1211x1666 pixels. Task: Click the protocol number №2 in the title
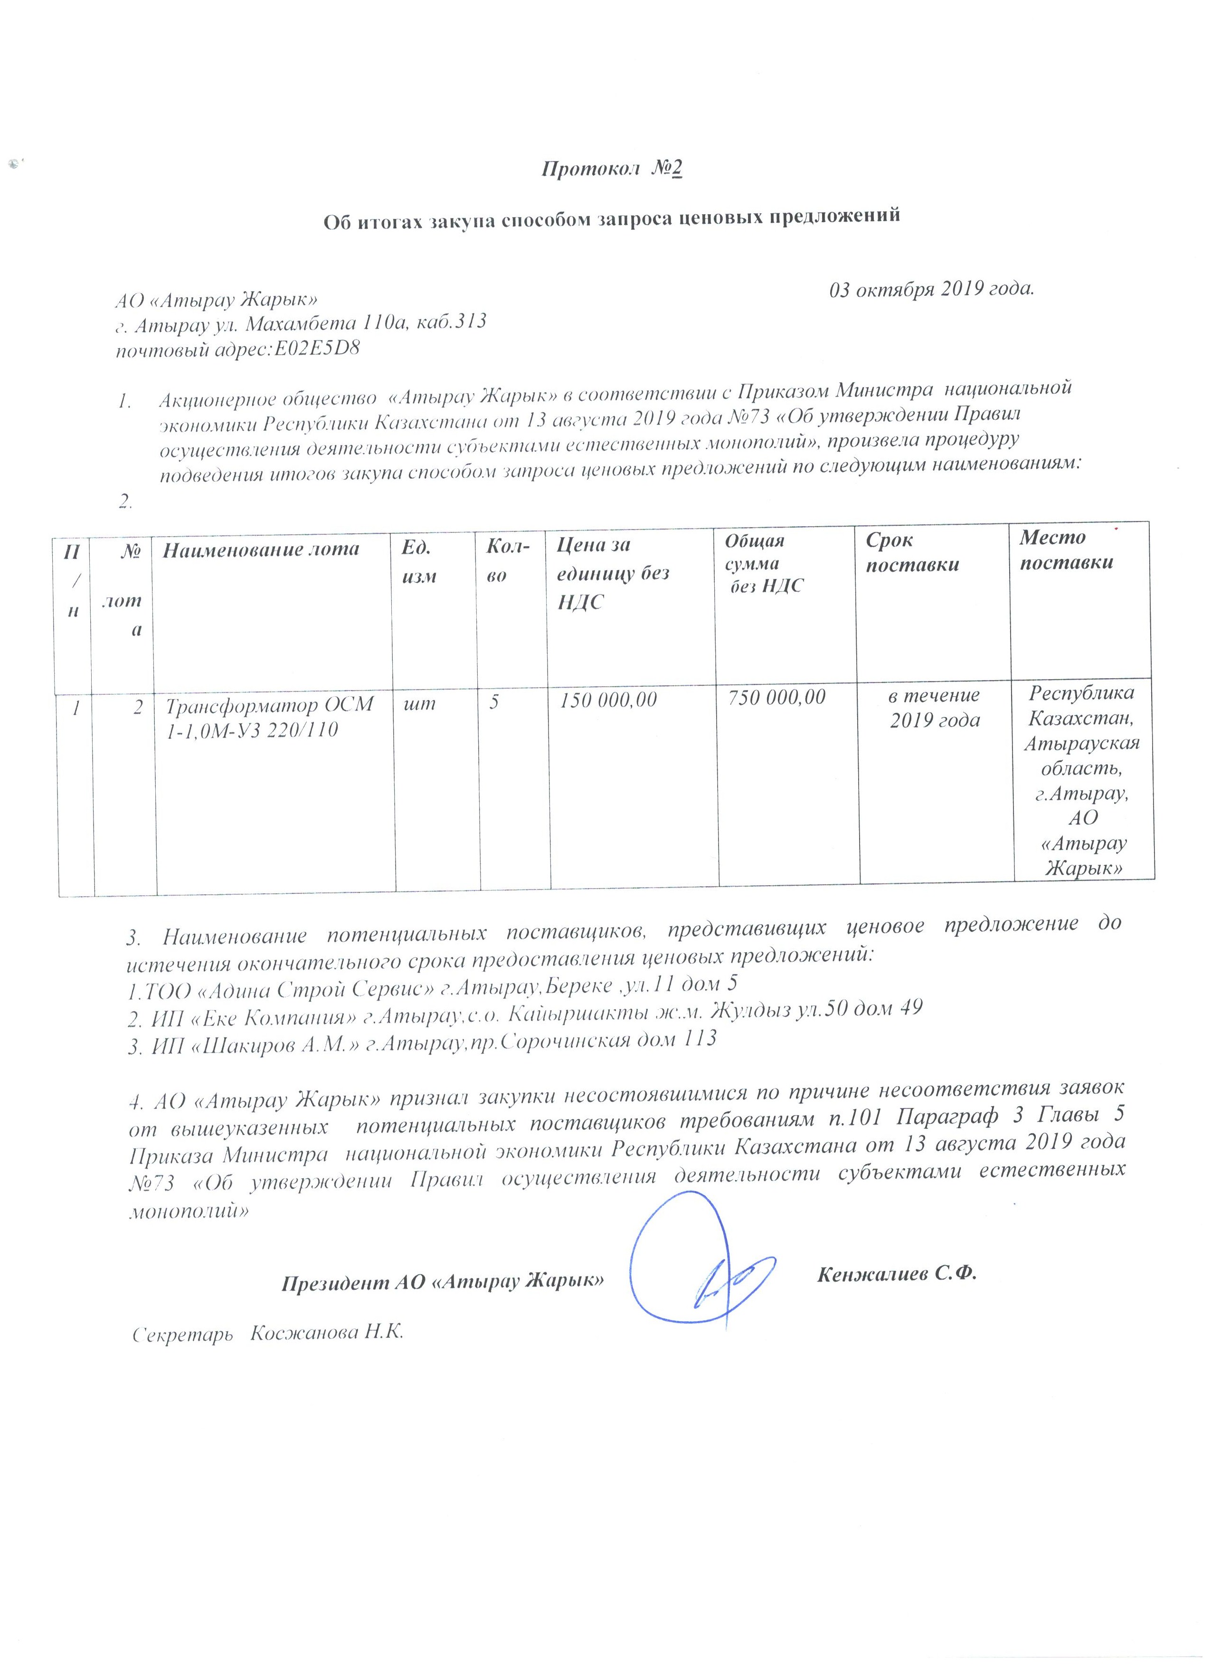click(667, 170)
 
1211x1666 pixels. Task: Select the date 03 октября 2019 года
click(931, 289)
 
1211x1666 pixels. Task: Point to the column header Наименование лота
click(261, 549)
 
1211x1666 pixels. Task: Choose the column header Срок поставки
click(912, 552)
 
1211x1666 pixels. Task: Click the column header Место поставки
click(1066, 550)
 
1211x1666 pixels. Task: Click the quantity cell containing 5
click(494, 702)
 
